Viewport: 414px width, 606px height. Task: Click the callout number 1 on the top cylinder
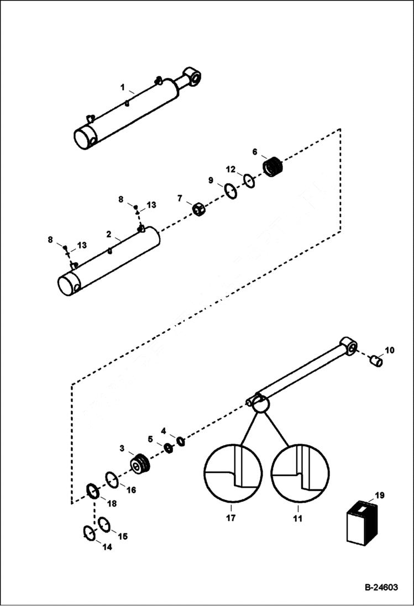tap(123, 87)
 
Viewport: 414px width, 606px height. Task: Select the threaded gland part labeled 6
tap(272, 166)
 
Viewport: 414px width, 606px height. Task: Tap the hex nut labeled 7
tap(199, 210)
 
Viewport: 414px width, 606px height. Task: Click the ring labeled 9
tap(230, 192)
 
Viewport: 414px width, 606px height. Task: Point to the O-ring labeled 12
tap(249, 181)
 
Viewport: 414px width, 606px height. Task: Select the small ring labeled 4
tap(181, 440)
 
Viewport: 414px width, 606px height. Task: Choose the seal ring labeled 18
tap(92, 491)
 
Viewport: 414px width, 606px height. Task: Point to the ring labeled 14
tap(89, 533)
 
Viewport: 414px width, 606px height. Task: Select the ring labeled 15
tap(104, 524)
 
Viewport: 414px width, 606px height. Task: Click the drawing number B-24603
tap(381, 588)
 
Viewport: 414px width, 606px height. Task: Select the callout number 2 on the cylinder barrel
tap(109, 234)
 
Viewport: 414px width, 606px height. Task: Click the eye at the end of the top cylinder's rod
tap(193, 76)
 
